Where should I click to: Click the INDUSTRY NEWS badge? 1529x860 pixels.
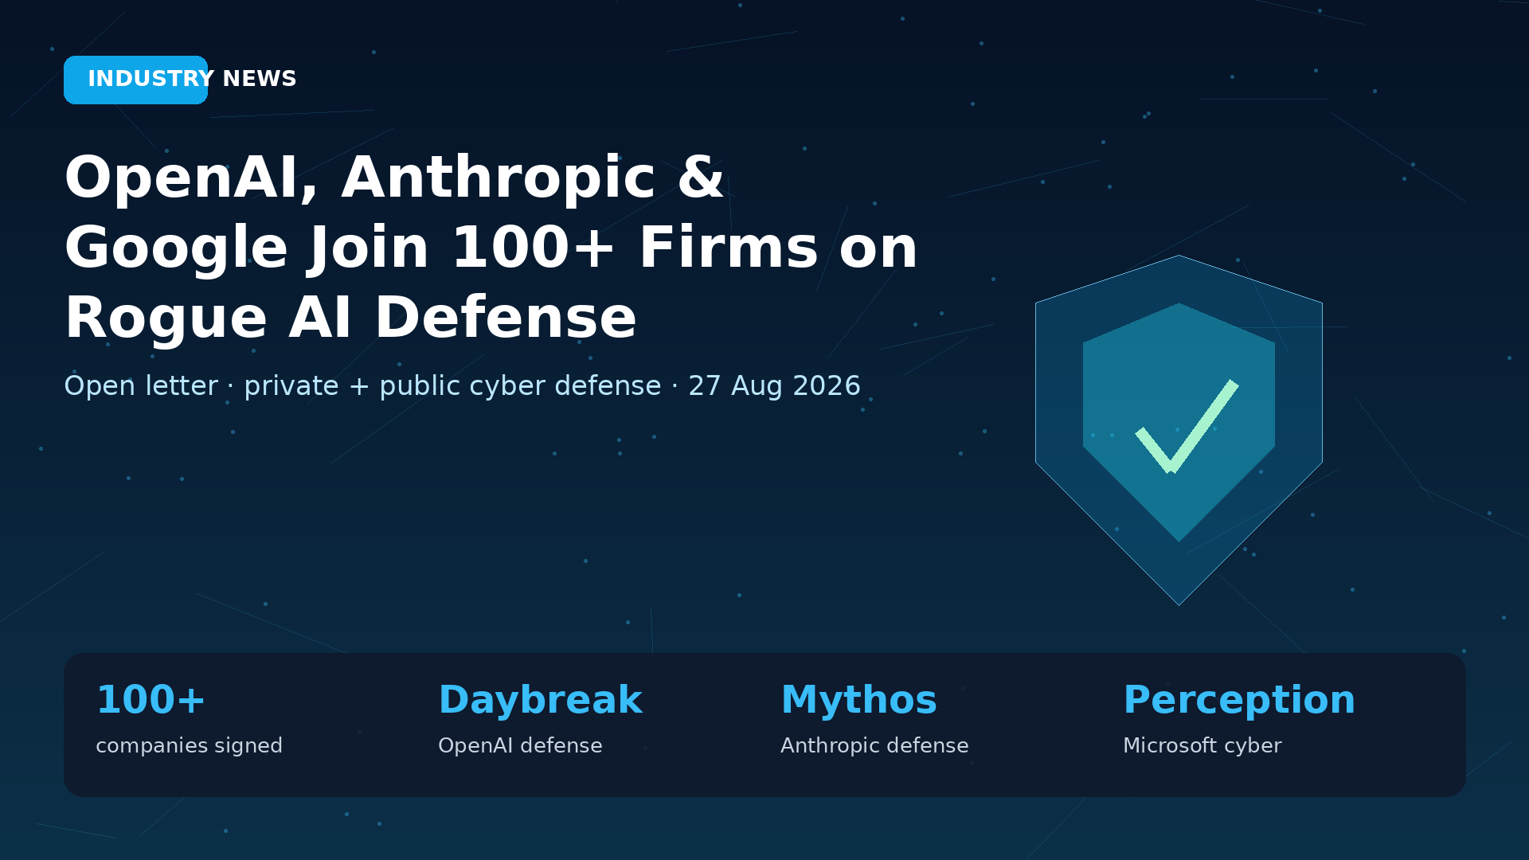(x=135, y=80)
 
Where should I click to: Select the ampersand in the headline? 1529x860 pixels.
(x=701, y=177)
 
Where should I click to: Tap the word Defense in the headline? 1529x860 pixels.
(x=506, y=318)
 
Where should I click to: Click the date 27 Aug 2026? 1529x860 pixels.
(x=774, y=386)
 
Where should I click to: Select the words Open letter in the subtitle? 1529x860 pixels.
(x=141, y=386)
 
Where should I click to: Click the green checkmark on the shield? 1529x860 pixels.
(x=1187, y=426)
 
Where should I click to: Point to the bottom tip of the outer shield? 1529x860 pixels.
(x=1179, y=605)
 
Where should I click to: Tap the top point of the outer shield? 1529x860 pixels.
(x=1179, y=256)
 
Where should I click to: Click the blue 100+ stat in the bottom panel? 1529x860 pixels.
(x=151, y=700)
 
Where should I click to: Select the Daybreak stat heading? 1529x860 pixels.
(x=540, y=700)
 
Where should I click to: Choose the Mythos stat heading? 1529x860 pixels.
(x=858, y=700)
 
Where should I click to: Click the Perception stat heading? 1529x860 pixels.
(x=1239, y=700)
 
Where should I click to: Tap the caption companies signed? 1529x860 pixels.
(x=189, y=746)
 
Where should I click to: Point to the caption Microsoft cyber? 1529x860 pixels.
(x=1202, y=746)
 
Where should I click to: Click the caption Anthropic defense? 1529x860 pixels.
(x=874, y=746)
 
